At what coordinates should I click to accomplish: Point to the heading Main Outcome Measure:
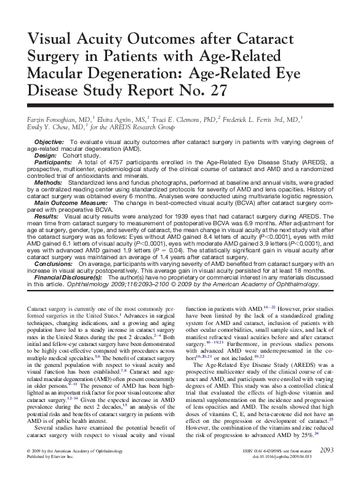[x=71, y=203]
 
